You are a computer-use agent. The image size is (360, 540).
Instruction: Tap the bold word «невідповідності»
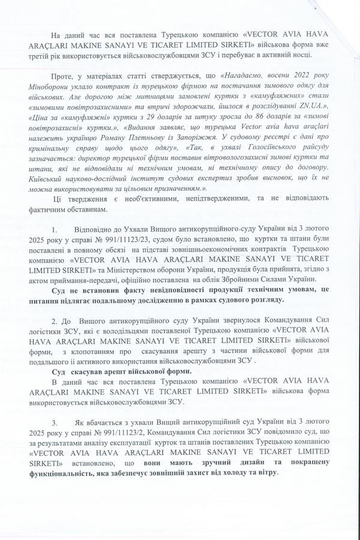pyautogui.click(x=146, y=289)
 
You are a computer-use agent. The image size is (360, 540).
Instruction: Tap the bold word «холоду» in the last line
pyautogui.click(x=242, y=473)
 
